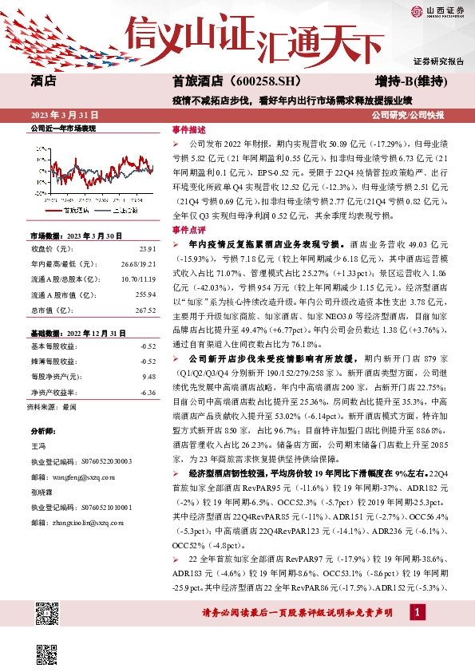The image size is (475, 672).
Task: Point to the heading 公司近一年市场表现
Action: pos(63,128)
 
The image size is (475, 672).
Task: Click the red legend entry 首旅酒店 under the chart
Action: pos(79,211)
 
